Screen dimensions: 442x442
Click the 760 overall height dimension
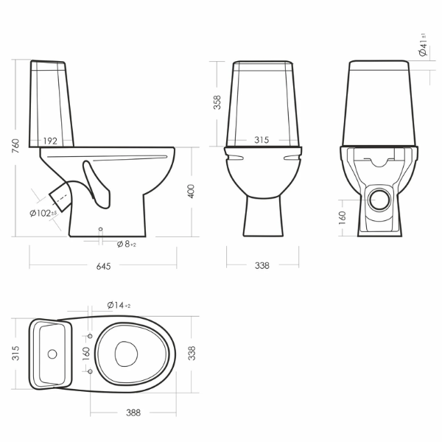pos(16,146)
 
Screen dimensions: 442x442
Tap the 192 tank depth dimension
pos(50,141)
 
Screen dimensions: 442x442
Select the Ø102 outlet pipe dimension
pos(43,213)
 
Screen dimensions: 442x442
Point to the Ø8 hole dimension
pos(126,244)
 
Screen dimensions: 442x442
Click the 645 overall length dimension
pos(103,266)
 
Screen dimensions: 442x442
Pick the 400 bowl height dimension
pos(191,192)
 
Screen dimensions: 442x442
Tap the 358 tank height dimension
pos(217,102)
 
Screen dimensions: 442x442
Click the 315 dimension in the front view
pos(262,140)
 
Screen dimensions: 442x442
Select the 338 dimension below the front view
pos(262,265)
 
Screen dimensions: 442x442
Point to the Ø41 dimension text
pos(423,45)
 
